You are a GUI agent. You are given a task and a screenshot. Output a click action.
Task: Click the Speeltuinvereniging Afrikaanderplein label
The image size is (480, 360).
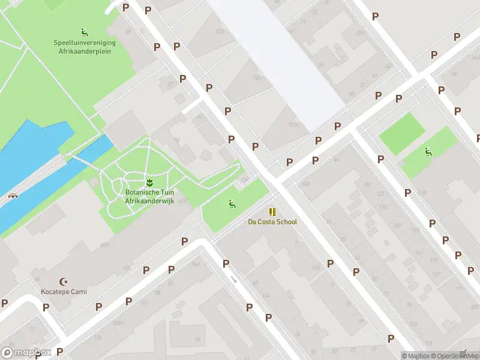(85, 47)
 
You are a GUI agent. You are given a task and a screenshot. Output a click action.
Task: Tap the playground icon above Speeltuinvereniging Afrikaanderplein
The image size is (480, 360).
(84, 32)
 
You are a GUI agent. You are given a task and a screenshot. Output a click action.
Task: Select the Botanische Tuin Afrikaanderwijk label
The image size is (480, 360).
(149, 197)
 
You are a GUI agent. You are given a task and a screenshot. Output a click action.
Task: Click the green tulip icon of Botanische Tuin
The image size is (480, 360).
(149, 182)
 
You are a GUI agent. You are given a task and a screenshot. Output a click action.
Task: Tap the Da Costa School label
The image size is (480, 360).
(272, 222)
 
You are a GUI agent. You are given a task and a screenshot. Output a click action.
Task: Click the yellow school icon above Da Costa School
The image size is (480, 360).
(272, 212)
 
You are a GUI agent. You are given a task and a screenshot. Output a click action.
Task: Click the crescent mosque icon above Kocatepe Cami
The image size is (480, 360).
(64, 281)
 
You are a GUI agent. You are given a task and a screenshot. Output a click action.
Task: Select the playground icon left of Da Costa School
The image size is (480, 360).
(231, 204)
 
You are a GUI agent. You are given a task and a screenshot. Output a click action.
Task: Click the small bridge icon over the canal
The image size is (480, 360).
(12, 196)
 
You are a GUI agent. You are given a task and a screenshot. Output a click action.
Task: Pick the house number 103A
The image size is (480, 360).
(293, 125)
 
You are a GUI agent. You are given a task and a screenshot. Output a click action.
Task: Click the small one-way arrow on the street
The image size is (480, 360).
(233, 278)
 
